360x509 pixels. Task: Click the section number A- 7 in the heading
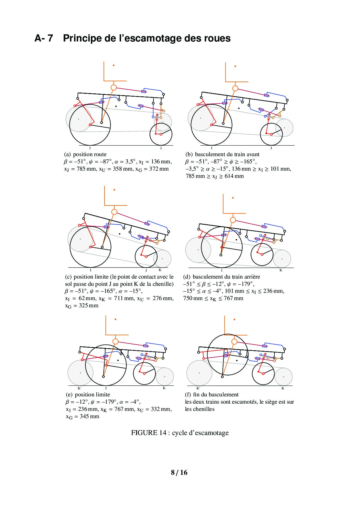pos(44,38)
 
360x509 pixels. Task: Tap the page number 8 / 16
pos(179,472)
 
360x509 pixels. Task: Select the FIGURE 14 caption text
pos(180,433)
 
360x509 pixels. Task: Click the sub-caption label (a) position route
pos(85,154)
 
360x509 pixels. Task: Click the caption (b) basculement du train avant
pos(222,154)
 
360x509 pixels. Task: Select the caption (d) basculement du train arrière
pos(222,277)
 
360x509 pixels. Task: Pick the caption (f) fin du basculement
pos(212,395)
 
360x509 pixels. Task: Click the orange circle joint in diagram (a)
pos(114,87)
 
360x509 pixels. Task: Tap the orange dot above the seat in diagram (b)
pos(235,66)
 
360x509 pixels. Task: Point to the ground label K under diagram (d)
pos(281,270)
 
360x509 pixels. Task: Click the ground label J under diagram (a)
pos(161,148)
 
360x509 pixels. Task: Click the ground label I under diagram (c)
pos(91,270)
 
